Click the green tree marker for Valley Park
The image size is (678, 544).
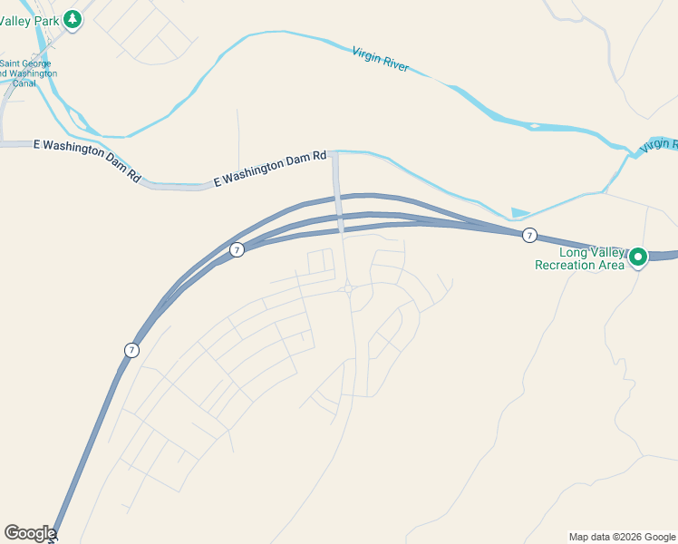[73, 17]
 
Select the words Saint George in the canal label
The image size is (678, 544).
[25, 63]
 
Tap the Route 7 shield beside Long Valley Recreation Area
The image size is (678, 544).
[529, 236]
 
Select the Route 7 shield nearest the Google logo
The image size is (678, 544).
[131, 350]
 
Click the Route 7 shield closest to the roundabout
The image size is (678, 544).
[237, 249]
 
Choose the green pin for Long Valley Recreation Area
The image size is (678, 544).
[637, 257]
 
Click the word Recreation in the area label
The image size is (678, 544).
[579, 265]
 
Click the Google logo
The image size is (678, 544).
[29, 533]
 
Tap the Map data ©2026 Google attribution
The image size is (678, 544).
[622, 537]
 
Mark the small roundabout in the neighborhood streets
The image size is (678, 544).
[348, 289]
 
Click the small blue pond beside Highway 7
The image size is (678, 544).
[519, 213]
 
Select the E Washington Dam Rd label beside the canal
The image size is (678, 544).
[87, 160]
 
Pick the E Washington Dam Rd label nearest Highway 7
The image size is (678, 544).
[270, 170]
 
